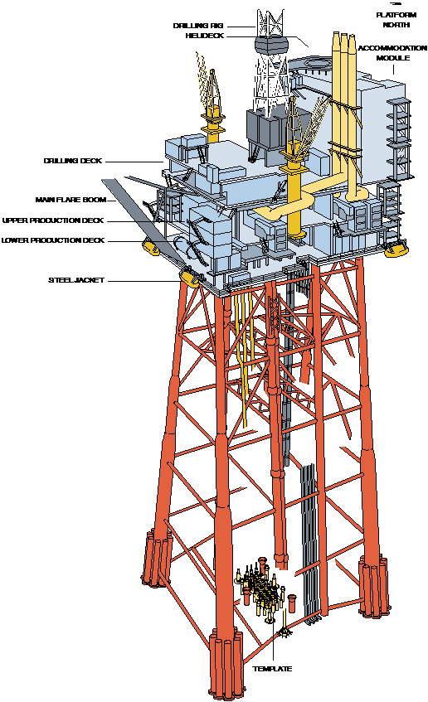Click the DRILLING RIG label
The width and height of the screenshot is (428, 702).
(197, 26)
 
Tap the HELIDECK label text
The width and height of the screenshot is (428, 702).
(204, 36)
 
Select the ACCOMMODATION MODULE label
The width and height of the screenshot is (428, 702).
(392, 53)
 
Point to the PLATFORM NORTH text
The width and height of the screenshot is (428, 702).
(396, 20)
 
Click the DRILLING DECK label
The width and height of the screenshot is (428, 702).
(73, 161)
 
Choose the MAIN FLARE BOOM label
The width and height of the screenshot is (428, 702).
(71, 200)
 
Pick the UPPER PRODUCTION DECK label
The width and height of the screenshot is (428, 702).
(53, 220)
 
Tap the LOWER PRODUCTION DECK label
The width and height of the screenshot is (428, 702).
(53, 240)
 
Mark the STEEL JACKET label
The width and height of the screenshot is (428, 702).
(76, 280)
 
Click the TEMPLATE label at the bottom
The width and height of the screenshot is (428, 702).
(273, 669)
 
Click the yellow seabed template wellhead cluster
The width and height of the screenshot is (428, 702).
(262, 589)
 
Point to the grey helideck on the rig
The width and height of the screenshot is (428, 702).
(270, 46)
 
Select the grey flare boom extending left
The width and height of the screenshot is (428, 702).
(143, 222)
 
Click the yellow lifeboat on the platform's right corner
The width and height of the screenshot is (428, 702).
(396, 247)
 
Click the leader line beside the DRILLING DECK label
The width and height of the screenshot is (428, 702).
(135, 161)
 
